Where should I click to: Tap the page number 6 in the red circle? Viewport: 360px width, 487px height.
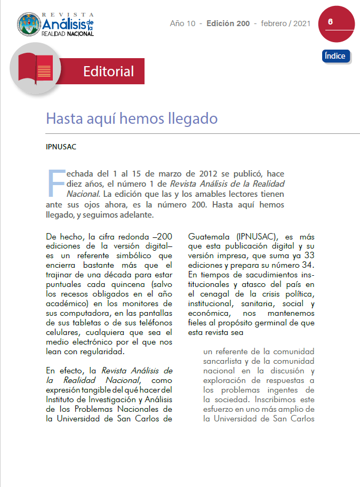(331, 22)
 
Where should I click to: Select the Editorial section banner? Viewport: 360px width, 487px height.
(108, 71)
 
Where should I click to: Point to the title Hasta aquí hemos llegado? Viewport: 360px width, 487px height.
(132, 117)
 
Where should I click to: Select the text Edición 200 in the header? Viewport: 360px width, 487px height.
(228, 24)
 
